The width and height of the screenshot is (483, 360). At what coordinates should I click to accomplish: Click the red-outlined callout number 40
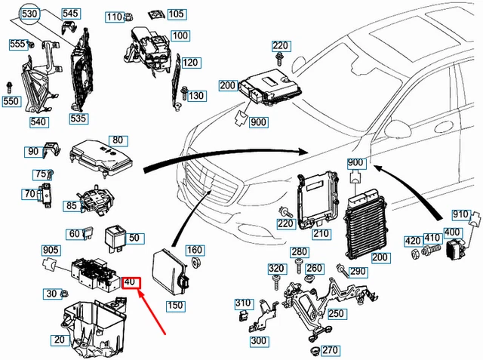pos(130,282)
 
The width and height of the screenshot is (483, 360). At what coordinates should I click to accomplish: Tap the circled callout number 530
pos(29,14)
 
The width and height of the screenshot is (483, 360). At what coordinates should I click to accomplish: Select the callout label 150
pos(175,306)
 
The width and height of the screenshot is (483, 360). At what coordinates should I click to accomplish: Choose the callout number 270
pos(330,350)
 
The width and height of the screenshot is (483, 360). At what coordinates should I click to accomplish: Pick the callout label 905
pos(51,250)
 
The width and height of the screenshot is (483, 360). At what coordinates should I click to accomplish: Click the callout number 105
pos(175,14)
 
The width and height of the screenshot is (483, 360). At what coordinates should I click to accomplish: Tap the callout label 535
pos(78,118)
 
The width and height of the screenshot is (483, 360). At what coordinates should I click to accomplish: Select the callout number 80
pos(116,140)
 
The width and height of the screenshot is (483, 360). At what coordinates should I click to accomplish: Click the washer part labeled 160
pos(194,263)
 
